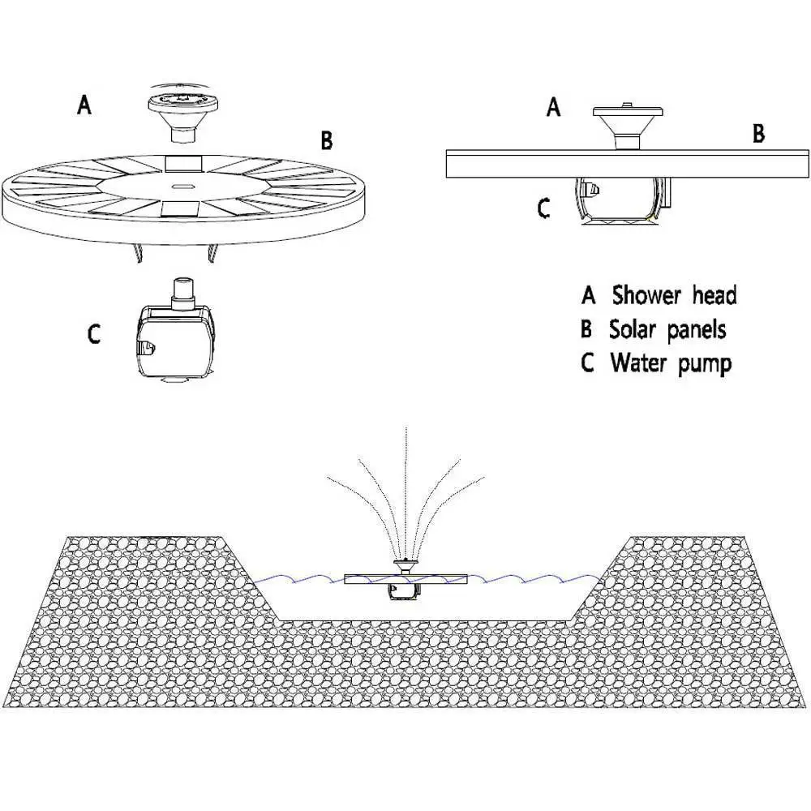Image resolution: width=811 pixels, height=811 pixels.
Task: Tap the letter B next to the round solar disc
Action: click(326, 140)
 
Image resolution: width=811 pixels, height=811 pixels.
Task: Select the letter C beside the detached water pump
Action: click(93, 333)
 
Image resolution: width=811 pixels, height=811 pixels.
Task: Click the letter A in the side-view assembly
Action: click(553, 108)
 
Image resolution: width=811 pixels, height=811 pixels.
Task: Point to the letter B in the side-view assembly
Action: click(758, 133)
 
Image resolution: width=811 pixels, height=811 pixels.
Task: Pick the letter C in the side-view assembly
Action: click(543, 208)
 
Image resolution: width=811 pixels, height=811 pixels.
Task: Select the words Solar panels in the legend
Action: click(667, 329)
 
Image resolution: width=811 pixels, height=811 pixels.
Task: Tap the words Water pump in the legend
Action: click(671, 363)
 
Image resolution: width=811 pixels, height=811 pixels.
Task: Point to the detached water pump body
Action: click(175, 340)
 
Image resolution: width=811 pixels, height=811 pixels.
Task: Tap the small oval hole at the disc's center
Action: click(182, 186)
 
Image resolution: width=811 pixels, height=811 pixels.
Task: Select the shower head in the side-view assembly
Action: click(628, 127)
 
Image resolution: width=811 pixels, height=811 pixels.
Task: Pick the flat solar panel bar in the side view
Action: click(628, 164)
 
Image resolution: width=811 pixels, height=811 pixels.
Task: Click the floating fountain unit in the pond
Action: click(405, 579)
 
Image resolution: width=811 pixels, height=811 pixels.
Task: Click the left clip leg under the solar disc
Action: click(139, 253)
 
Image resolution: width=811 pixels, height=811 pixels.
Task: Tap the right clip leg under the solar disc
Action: click(212, 253)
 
